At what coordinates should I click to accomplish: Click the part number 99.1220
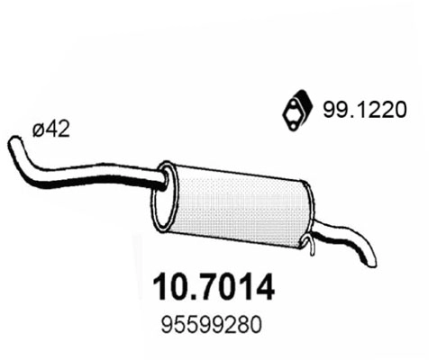pyautogui.click(x=360, y=111)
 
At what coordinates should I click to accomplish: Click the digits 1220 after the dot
pyautogui.click(x=374, y=111)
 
